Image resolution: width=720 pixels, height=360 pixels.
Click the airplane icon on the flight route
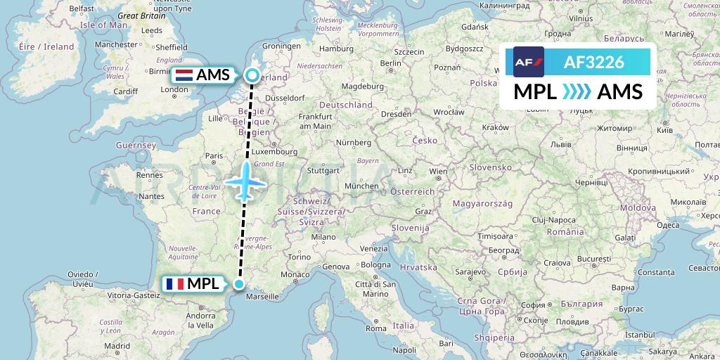click(245, 182)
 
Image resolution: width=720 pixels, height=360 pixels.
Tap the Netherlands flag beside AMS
click(185, 75)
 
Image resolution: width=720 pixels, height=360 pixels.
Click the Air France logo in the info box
click(529, 61)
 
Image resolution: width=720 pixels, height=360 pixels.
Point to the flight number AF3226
click(594, 62)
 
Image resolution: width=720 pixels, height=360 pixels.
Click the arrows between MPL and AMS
click(577, 92)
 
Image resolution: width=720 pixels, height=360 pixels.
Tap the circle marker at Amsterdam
click(252, 75)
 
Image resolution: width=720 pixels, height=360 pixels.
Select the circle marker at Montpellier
click(239, 284)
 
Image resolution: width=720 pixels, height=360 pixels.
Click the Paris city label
click(213, 156)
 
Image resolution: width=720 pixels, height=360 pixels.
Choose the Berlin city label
click(390, 63)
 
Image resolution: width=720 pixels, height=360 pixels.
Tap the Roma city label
click(376, 328)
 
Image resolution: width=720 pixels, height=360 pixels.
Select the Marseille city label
click(263, 297)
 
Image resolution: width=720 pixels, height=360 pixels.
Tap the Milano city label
click(324, 237)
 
